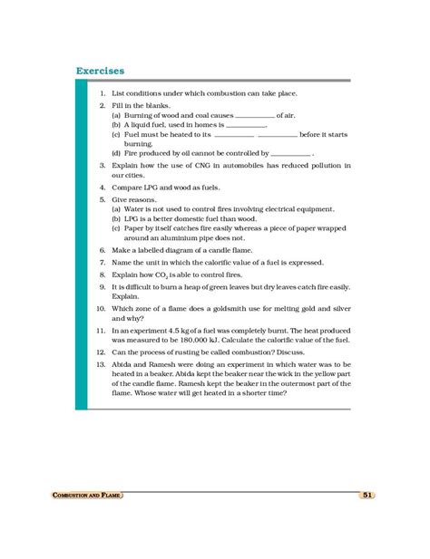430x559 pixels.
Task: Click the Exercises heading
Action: tap(100, 70)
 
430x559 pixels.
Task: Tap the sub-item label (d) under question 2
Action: tap(116, 154)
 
